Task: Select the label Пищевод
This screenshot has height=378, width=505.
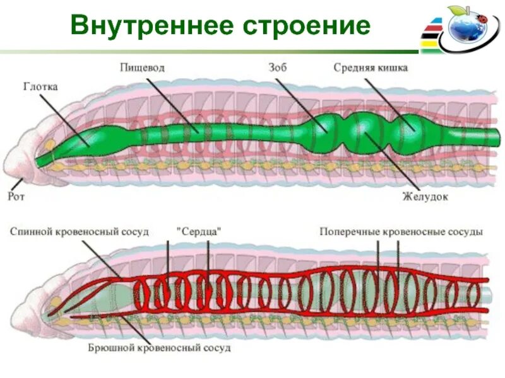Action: [x=143, y=67]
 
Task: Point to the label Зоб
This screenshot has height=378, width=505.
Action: [x=277, y=67]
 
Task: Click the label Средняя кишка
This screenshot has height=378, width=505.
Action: [x=371, y=67]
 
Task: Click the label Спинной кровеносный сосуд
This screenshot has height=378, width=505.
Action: [x=80, y=232]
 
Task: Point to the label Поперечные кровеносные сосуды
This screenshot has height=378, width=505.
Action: [x=401, y=232]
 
